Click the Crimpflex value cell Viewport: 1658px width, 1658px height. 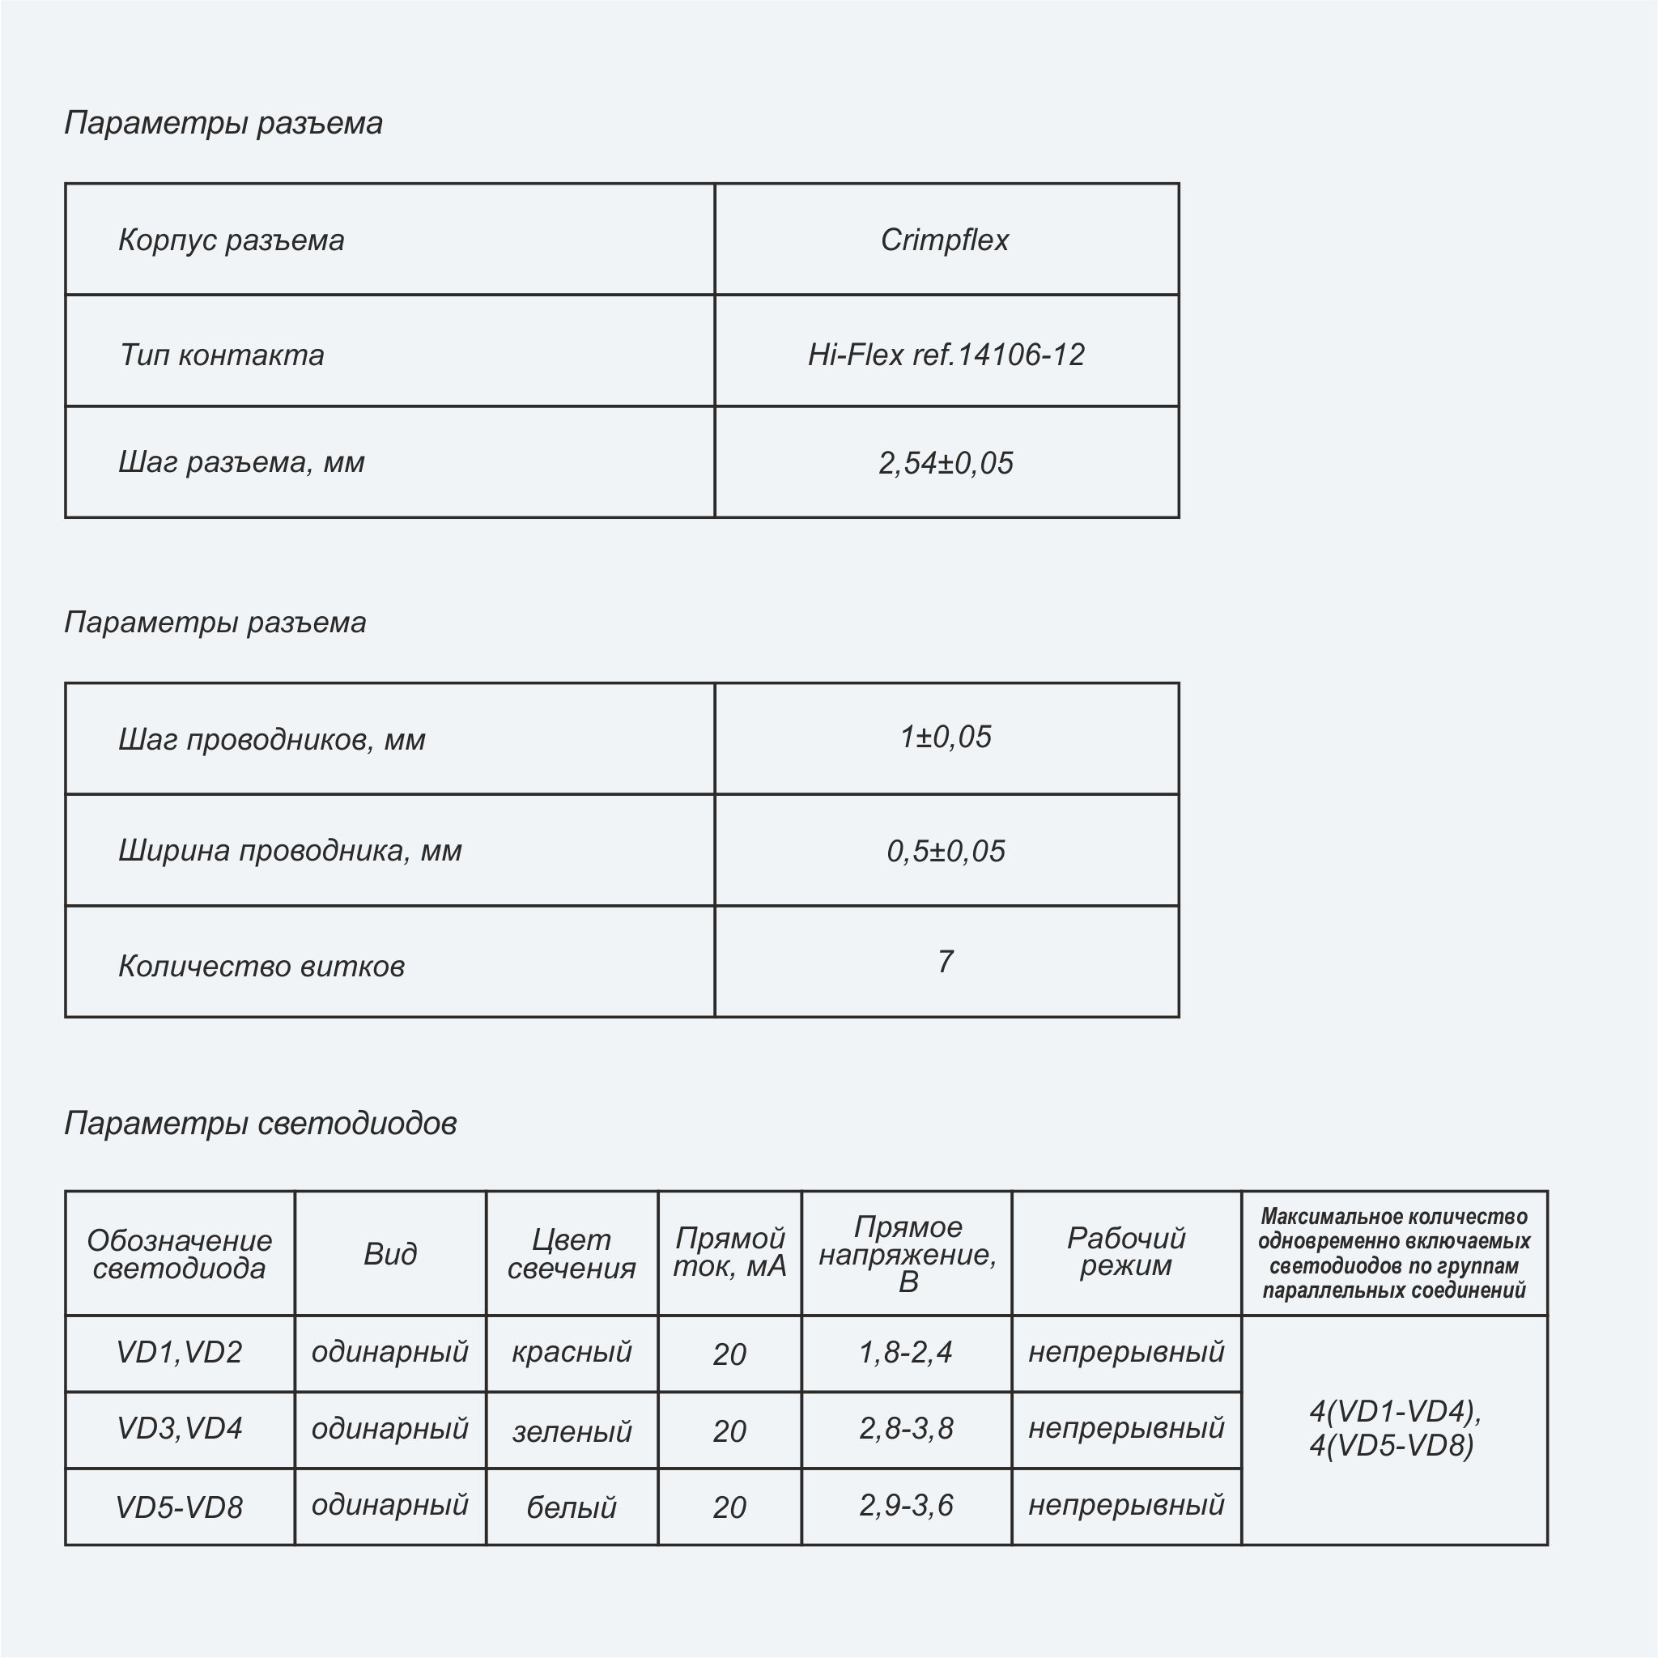click(x=945, y=240)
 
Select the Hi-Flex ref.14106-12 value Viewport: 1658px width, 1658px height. click(x=946, y=355)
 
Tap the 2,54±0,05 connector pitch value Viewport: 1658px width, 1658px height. click(x=946, y=462)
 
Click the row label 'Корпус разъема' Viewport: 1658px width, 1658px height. click(x=231, y=240)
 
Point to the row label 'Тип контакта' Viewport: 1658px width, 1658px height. click(x=221, y=355)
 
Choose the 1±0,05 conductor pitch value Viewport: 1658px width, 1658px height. click(x=946, y=738)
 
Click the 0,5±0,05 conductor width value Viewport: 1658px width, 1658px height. click(x=946, y=851)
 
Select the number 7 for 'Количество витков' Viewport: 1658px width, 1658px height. click(x=946, y=961)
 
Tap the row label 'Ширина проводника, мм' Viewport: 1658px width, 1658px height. click(x=289, y=851)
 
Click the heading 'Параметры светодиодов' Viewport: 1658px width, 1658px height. click(x=260, y=1123)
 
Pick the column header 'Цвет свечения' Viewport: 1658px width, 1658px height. click(x=572, y=1254)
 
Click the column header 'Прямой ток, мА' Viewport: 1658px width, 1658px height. click(x=729, y=1252)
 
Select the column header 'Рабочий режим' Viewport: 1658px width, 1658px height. click(x=1126, y=1252)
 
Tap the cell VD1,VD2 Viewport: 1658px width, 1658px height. click(x=180, y=1353)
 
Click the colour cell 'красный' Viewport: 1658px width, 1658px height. click(x=572, y=1353)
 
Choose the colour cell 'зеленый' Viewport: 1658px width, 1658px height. click(x=572, y=1431)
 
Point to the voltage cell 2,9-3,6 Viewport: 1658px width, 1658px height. click(x=906, y=1505)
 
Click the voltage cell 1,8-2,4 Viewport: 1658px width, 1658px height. click(x=906, y=1353)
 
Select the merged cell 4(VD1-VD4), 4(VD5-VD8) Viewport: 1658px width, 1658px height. click(x=1394, y=1429)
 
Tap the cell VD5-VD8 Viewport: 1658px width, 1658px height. click(x=180, y=1507)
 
